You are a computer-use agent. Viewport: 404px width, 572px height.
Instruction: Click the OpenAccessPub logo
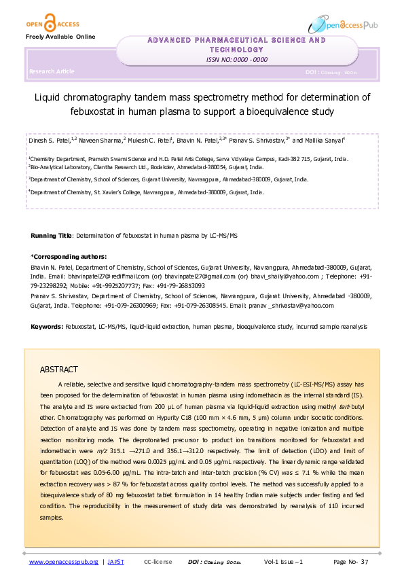point(343,24)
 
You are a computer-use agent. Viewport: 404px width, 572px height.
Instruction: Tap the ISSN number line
point(237,60)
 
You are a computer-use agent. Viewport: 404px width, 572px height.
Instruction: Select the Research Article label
point(52,71)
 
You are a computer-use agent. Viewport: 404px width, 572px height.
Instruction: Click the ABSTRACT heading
point(59,370)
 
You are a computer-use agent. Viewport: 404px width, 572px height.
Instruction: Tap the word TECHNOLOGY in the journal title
point(237,50)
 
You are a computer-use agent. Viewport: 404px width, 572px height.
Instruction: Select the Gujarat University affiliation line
point(168,180)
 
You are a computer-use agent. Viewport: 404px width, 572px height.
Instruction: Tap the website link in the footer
point(63,562)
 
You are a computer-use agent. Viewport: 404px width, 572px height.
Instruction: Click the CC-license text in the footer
point(158,562)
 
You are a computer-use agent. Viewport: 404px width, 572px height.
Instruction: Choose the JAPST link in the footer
point(116,562)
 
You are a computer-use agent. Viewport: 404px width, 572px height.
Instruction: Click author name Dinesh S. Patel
point(49,140)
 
